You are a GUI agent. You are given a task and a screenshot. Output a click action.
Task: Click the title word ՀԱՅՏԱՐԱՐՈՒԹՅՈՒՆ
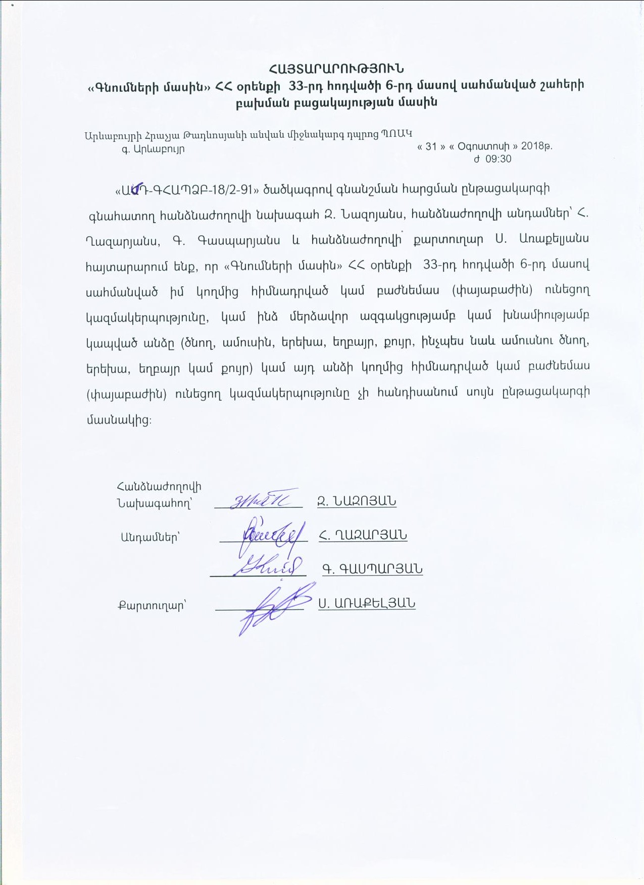336,68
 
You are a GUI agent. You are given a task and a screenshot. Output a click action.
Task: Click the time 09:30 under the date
498,159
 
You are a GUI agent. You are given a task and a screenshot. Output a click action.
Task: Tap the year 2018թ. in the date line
536,146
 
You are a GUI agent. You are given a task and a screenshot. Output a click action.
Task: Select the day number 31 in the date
431,146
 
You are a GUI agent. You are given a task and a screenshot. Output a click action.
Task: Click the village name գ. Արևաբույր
153,149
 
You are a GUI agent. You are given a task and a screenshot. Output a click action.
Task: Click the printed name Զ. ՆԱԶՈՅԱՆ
357,501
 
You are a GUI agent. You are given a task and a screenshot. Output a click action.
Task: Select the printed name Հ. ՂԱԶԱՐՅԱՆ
363,535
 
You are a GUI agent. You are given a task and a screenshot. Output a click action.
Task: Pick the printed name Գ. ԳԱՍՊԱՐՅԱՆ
372,569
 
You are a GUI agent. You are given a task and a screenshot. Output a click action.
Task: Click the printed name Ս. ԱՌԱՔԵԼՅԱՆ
367,603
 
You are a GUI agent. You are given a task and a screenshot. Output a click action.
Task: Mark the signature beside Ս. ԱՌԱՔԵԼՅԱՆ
273,607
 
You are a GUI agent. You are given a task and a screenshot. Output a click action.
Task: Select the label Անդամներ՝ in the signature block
150,537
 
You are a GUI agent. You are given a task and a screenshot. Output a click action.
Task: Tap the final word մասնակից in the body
118,419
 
